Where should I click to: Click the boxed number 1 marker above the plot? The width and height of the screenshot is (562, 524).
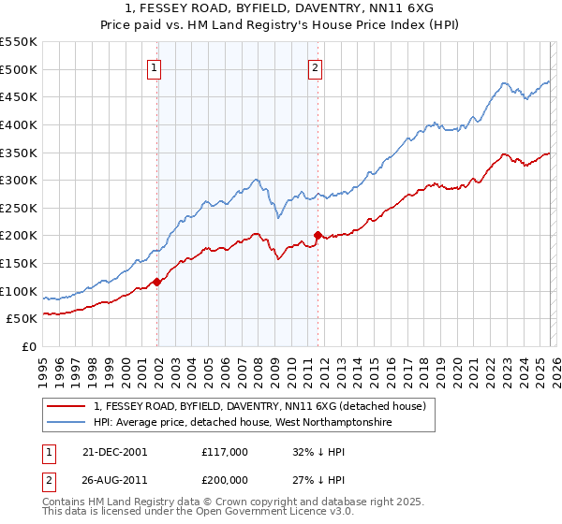154,66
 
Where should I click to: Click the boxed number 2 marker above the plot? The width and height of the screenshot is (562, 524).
316,66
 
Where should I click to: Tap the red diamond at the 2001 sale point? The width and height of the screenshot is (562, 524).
157,281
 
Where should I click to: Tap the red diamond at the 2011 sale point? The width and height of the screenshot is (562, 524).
318,235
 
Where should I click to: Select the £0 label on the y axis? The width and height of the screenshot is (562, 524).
29,346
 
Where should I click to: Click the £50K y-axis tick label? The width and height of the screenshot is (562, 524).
22,318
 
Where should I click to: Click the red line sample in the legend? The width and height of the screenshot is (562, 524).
67,406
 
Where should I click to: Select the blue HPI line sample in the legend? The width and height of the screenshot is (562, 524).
67,422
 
